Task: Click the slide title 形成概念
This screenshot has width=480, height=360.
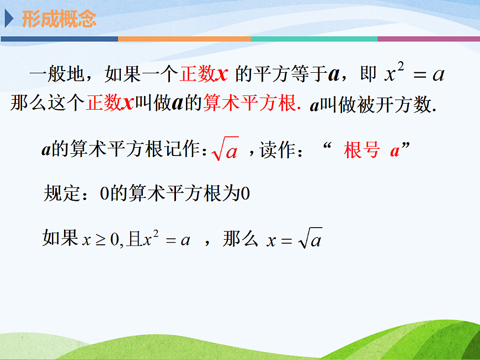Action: coord(59,19)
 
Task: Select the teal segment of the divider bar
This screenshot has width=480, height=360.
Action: coord(313,39)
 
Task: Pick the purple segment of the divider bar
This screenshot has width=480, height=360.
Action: coord(428,39)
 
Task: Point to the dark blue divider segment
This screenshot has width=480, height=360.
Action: coord(59,39)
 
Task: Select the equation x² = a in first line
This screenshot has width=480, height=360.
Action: coord(414,74)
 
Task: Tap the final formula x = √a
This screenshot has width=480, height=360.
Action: coord(294,240)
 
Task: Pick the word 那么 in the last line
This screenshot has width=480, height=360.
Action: coord(241,239)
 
